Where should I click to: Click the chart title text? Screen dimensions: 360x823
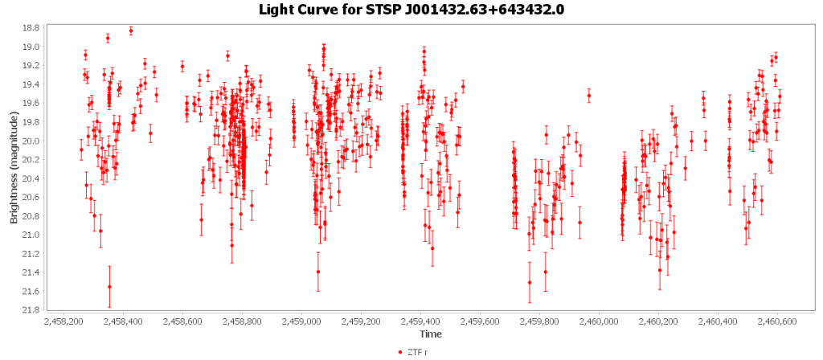pos(411,10)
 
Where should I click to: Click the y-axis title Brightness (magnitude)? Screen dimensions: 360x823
pos(14,167)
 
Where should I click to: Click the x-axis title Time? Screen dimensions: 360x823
pos(428,333)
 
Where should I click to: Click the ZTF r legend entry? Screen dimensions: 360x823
pos(416,352)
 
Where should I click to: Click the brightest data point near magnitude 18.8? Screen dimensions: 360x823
pos(131,31)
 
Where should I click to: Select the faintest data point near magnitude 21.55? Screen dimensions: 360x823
pos(109,287)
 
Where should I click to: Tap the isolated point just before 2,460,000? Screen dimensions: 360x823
pos(589,96)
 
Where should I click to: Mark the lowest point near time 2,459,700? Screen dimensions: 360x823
pos(530,282)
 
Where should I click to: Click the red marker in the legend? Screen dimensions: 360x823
pos(401,352)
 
